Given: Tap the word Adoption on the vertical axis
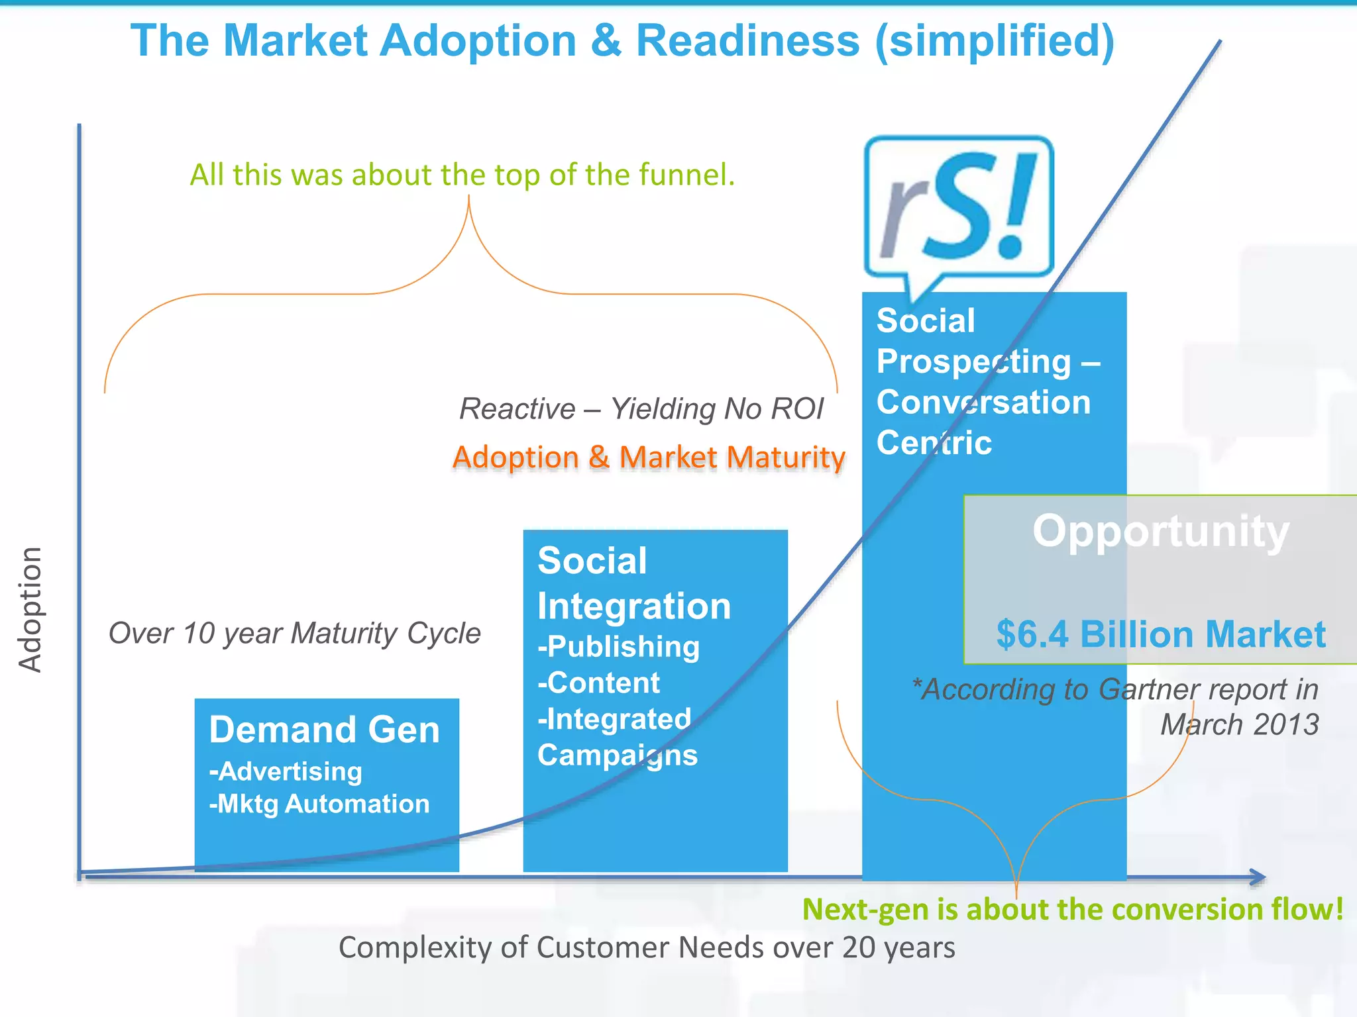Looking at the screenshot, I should [30, 609].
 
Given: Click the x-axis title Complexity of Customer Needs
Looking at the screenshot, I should [646, 947].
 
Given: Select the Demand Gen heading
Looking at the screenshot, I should [324, 730].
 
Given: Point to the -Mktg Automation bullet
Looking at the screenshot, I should [319, 804].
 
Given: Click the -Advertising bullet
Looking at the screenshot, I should [286, 771].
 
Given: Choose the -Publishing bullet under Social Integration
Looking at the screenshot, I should [618, 647].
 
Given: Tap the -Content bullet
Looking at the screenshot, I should [598, 683].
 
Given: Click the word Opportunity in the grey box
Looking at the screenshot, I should [1160, 531].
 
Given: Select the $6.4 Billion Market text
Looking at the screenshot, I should [1160, 634].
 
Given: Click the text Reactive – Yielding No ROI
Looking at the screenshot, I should [641, 409].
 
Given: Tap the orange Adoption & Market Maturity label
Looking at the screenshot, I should [649, 458].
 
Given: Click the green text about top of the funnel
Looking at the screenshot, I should [462, 175].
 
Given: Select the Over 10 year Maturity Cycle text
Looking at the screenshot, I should [294, 633].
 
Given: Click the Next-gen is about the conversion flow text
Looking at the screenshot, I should [1072, 909].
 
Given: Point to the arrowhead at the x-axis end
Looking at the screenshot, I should [1258, 877].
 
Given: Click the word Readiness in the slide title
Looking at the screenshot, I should [747, 41].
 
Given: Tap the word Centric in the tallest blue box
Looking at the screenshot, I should [934, 442].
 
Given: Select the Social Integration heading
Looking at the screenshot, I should [633, 583].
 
